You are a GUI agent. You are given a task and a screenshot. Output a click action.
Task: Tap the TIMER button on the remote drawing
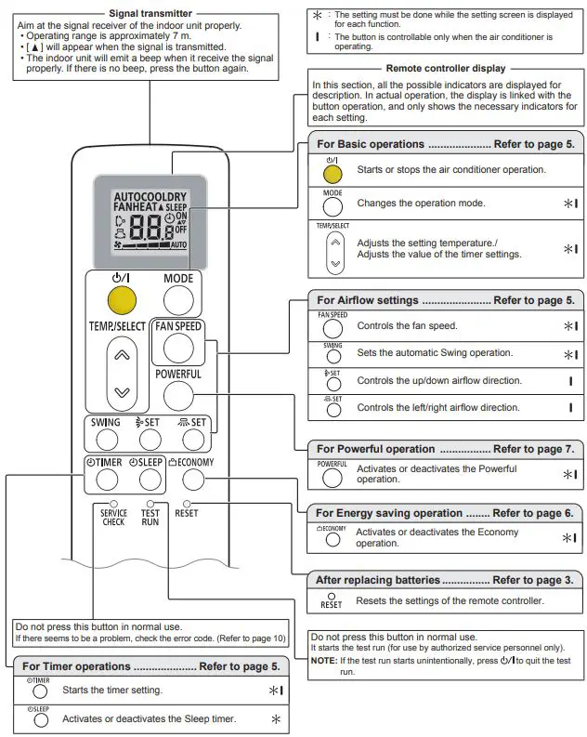pos(107,480)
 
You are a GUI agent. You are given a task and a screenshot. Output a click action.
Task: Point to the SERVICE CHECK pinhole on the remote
pos(113,505)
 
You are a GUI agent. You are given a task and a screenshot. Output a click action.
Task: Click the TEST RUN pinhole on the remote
pos(150,505)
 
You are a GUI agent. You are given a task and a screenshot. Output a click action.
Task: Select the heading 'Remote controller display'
pos(445,68)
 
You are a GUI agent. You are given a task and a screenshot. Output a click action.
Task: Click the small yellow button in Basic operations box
pos(333,173)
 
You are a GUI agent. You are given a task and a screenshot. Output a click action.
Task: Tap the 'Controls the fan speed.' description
pos(407,326)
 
